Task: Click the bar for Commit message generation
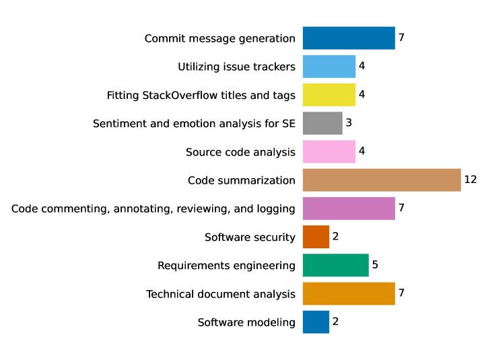click(x=349, y=38)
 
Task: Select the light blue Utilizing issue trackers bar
click(x=329, y=67)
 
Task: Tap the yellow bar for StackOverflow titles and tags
click(x=329, y=95)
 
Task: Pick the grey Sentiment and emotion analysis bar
click(x=322, y=123)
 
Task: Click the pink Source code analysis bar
click(x=329, y=152)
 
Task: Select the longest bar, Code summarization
click(x=382, y=180)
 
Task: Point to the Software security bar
click(x=316, y=237)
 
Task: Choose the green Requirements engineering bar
click(x=336, y=265)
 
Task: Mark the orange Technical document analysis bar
click(x=349, y=294)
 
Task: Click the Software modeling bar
click(x=316, y=322)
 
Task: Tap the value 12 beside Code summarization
click(x=470, y=180)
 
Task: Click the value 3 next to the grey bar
click(x=349, y=123)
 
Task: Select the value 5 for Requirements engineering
click(x=375, y=265)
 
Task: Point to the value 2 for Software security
click(x=335, y=237)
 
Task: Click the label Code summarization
click(x=241, y=180)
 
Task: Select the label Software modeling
click(x=246, y=322)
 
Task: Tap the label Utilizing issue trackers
click(x=236, y=67)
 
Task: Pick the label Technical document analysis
click(x=221, y=294)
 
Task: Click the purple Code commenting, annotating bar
click(x=349, y=209)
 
